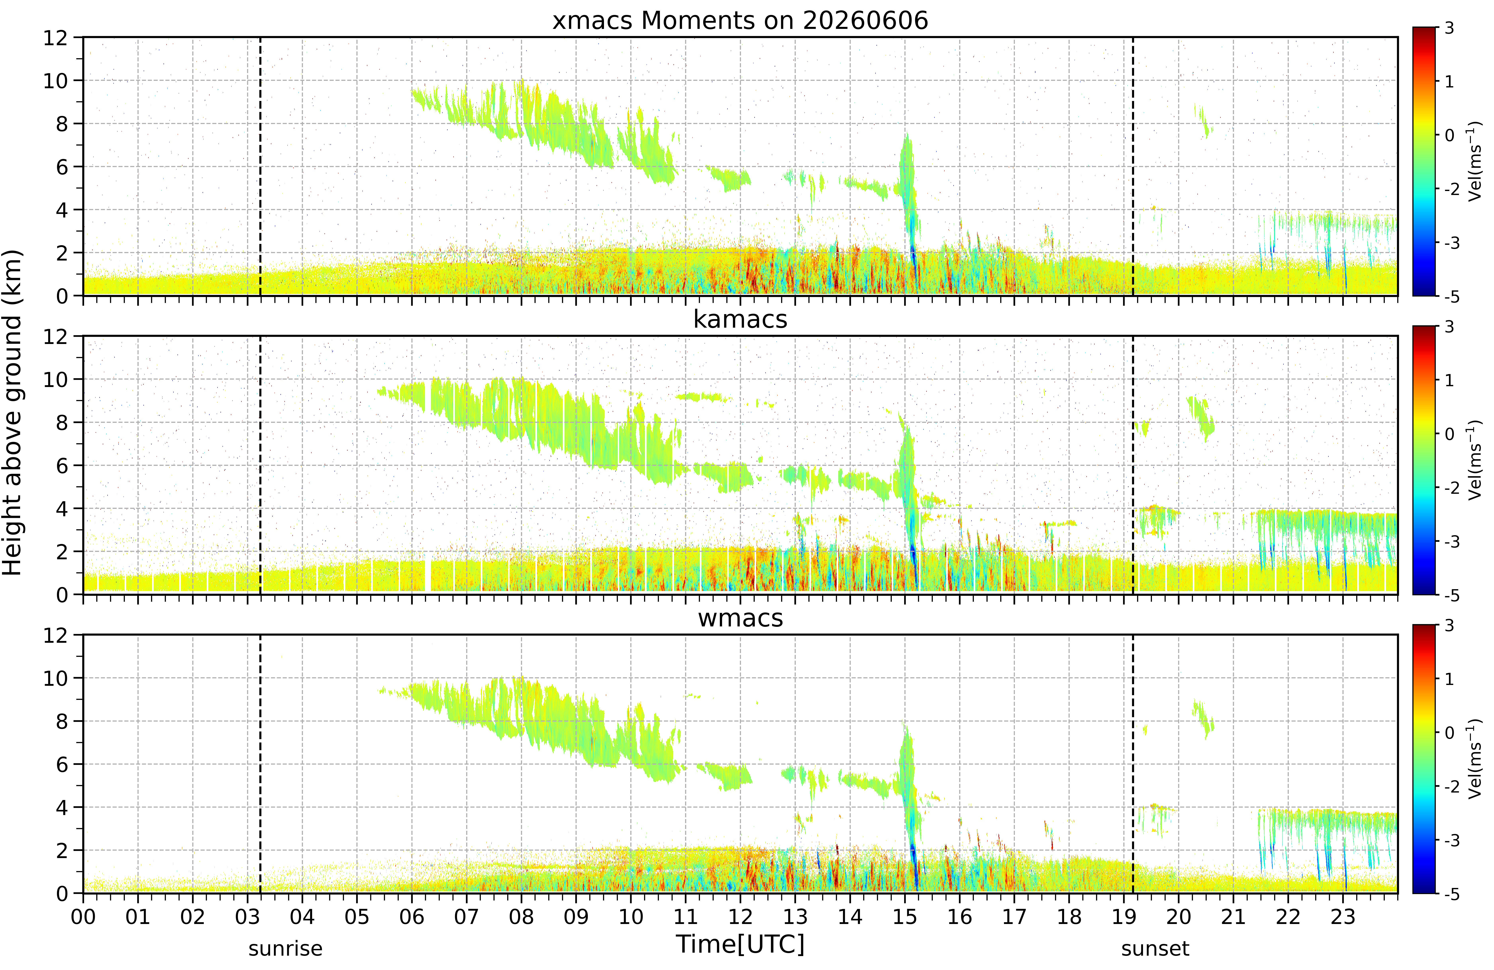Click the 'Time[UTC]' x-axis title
740,944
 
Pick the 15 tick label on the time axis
905,917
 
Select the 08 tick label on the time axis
521,917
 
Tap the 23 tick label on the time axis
1343,917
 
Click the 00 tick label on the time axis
83,917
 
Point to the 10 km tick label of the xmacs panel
55,80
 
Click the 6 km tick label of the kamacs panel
62,465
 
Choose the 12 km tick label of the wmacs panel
55,635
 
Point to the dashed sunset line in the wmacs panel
1133,764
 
